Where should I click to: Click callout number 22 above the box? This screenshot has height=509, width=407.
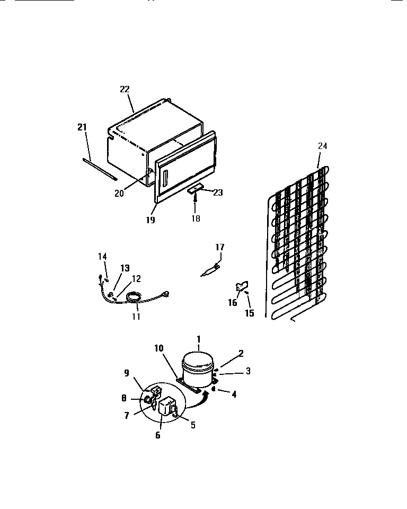tap(125, 89)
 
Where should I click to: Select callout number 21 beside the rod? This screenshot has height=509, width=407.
tap(82, 127)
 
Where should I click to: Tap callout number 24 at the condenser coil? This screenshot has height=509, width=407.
tap(323, 146)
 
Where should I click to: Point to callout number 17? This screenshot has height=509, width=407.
tap(220, 247)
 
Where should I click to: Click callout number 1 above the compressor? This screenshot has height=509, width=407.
tap(199, 339)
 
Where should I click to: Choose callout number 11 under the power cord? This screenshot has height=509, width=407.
tap(136, 317)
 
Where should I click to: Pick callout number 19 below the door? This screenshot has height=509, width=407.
tap(151, 219)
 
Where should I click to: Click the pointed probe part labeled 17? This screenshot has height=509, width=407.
tap(210, 270)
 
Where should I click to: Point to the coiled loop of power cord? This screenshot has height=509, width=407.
tap(134, 300)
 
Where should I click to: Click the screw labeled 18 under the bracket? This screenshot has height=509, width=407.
tap(196, 198)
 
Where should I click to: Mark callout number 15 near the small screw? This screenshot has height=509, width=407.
tap(250, 313)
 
